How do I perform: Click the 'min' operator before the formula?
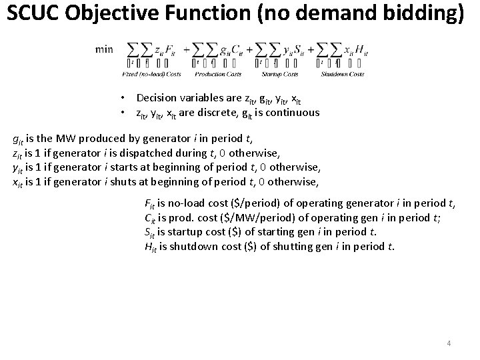click(105, 49)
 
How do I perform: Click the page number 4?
click(449, 343)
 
